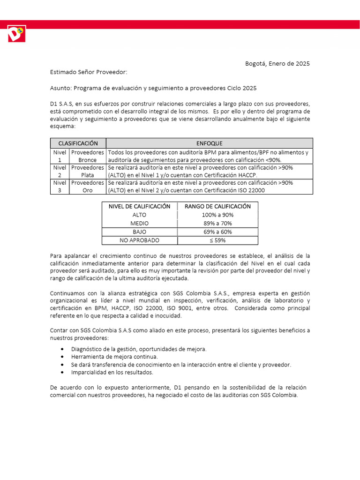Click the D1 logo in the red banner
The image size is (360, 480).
click(16, 34)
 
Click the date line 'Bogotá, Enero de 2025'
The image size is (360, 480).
click(277, 64)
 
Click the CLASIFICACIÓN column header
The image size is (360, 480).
click(78, 143)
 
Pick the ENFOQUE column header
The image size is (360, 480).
click(209, 143)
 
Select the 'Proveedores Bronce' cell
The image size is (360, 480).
click(88, 156)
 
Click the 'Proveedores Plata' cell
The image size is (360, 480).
click(88, 171)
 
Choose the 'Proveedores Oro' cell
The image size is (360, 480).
click(88, 187)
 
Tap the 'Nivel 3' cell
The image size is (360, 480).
click(60, 187)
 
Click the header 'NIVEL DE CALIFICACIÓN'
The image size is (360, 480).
click(139, 206)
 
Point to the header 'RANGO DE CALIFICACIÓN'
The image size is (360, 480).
click(217, 206)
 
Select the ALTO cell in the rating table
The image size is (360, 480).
click(139, 215)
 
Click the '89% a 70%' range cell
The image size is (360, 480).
click(217, 223)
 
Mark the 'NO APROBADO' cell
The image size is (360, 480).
click(139, 240)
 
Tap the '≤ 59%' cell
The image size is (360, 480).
click(217, 240)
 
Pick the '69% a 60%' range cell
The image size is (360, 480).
click(217, 232)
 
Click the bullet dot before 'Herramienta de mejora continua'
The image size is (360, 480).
click(63, 357)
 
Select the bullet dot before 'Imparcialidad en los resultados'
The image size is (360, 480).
click(63, 373)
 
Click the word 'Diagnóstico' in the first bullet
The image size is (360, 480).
click(87, 349)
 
